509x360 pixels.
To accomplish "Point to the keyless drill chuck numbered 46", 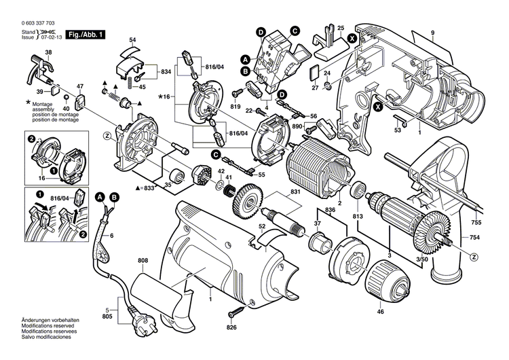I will pos(379,278).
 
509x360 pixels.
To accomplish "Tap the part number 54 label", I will pos(132,41).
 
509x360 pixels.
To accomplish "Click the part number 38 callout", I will pos(48,52).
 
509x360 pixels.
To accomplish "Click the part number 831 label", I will pos(294,192).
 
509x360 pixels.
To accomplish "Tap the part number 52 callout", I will pos(261,226).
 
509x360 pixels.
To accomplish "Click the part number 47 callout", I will pos(79,86).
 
